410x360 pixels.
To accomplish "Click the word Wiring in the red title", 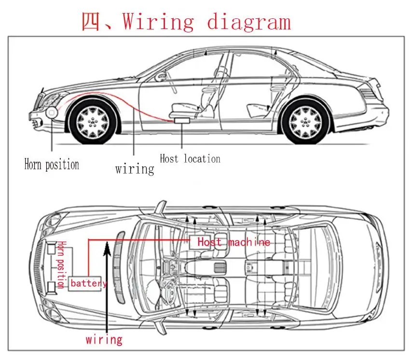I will [158, 22].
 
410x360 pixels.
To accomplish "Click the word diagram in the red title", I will [249, 22].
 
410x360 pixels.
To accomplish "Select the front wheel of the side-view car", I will [92, 121].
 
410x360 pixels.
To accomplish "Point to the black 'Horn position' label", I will [52, 165].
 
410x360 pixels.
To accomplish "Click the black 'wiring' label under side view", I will [135, 168].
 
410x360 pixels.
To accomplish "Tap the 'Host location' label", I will [190, 159].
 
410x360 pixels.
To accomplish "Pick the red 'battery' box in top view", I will [87, 283].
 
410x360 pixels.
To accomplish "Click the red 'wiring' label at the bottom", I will [104, 339].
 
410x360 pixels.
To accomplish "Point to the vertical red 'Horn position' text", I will [61, 264].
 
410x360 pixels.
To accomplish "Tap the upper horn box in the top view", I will [52, 249].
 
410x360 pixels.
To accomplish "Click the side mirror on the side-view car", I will [161, 76].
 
